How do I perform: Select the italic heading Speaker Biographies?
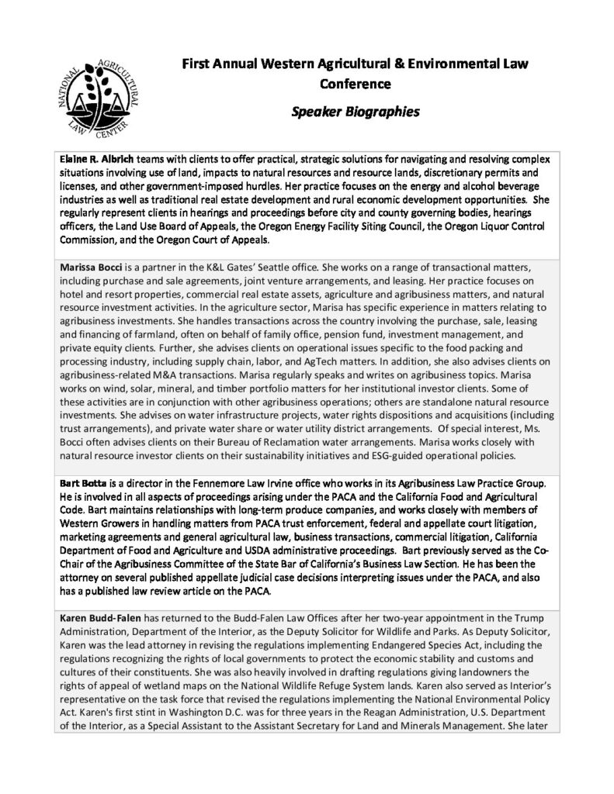(x=355, y=111)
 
